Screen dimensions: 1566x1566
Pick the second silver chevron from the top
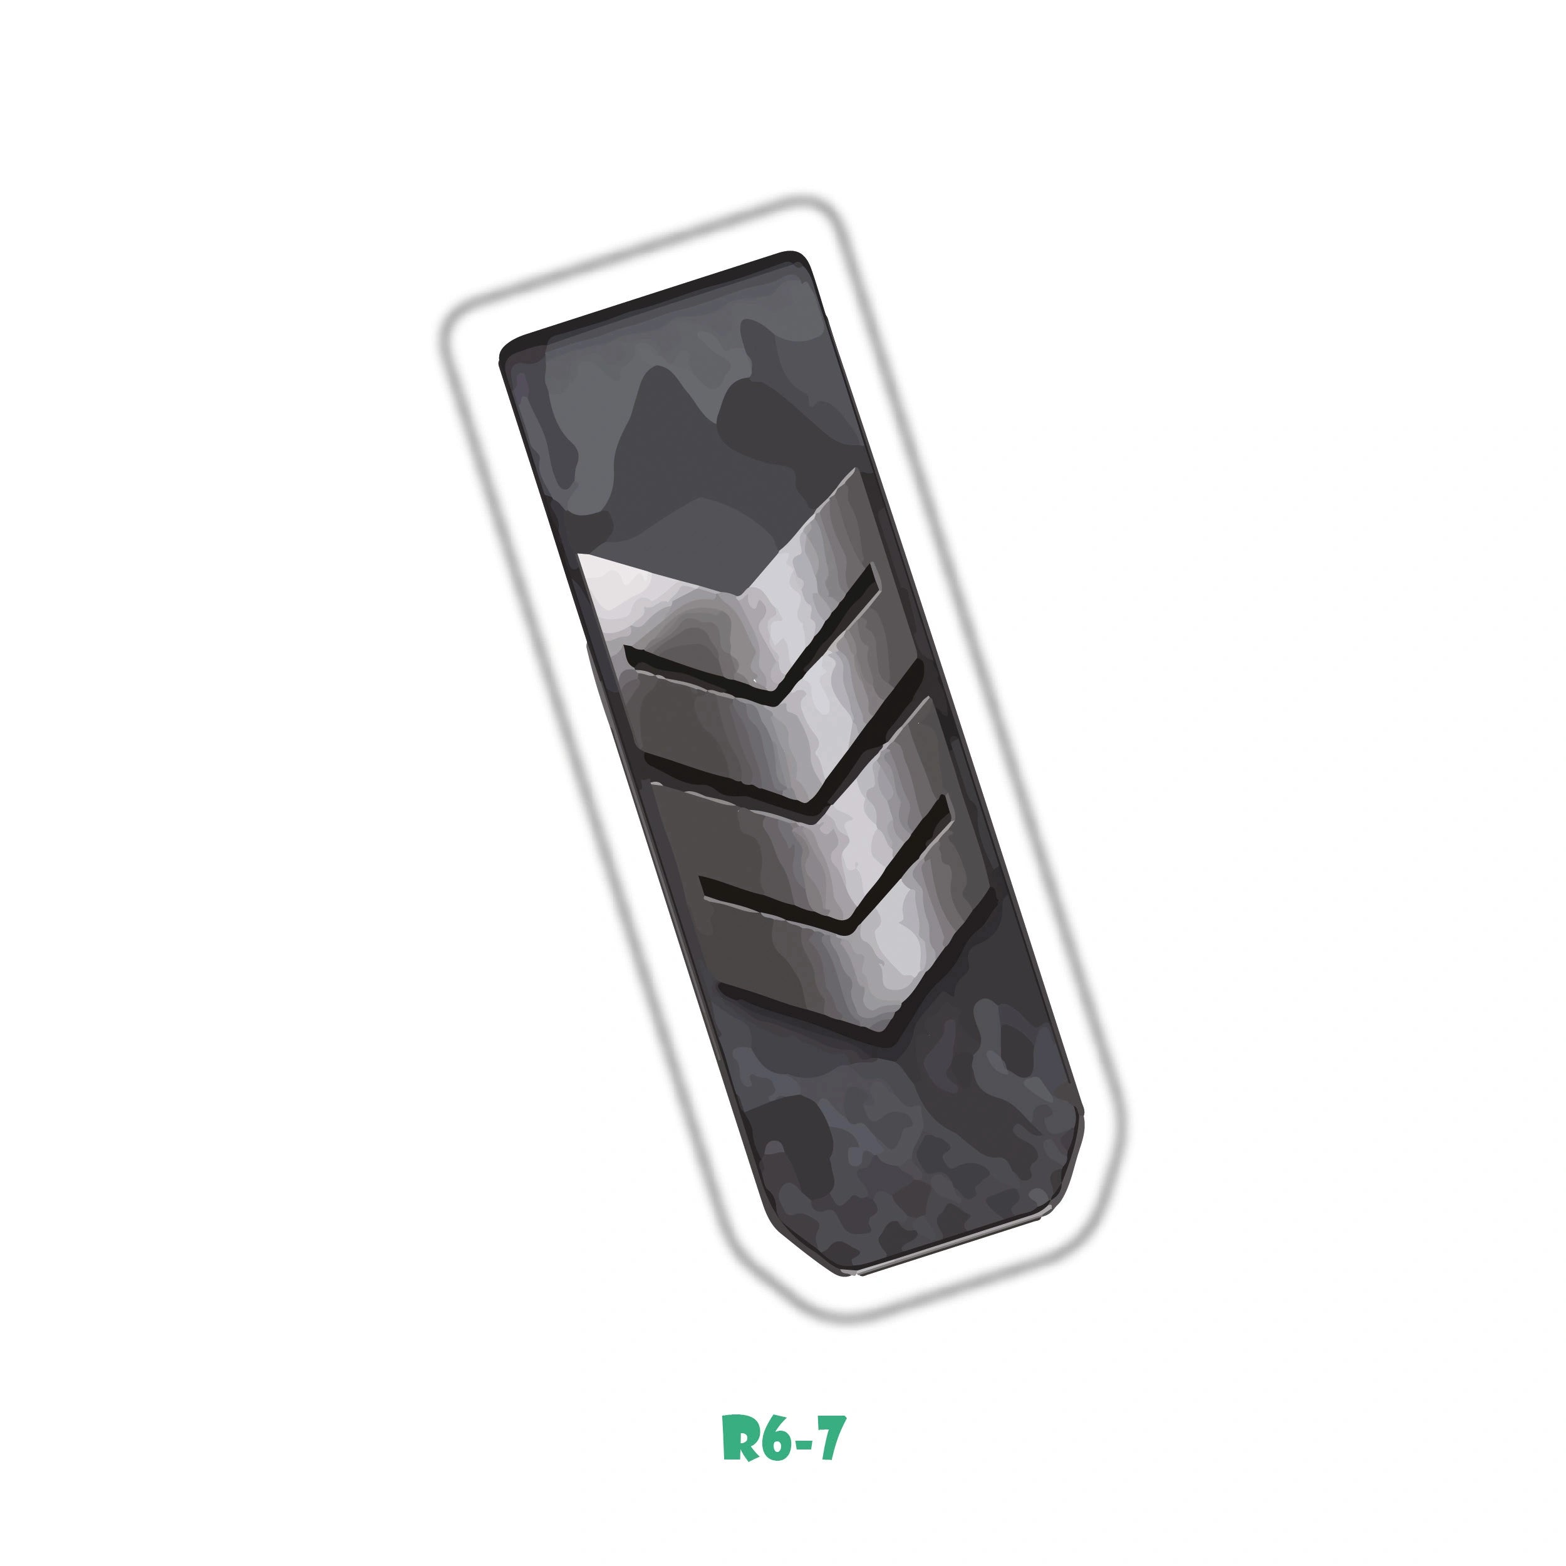[778, 713]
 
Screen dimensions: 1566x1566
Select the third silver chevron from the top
[819, 835]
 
